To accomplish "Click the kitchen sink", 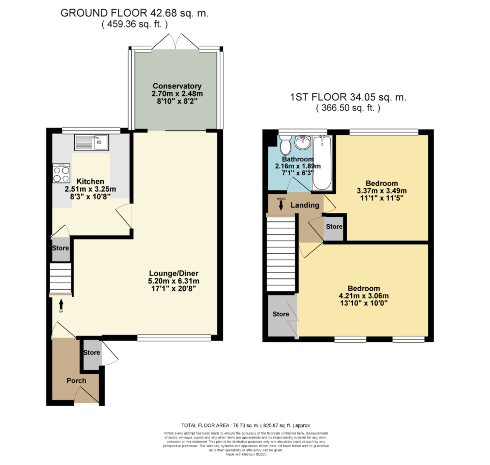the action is (92, 142).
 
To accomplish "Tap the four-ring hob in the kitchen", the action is (61, 173).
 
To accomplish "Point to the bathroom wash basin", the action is (303, 143).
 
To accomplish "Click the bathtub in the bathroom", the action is (322, 163).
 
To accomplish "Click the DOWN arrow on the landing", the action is (281, 205).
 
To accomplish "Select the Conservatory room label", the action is (177, 86).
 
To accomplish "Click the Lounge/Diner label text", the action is (174, 273).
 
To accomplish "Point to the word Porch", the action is (76, 381).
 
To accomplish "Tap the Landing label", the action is (305, 205).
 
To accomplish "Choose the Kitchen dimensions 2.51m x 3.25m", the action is (90, 189).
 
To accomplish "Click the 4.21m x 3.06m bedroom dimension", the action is (364, 296).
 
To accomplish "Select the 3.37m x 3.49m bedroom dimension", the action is (382, 191).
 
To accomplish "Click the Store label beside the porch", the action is (92, 353).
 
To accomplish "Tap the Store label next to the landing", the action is (334, 226).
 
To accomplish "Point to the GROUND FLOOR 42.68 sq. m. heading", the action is (134, 13).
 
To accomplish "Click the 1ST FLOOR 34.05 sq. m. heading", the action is (348, 97).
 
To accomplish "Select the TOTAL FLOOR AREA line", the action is (246, 426).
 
